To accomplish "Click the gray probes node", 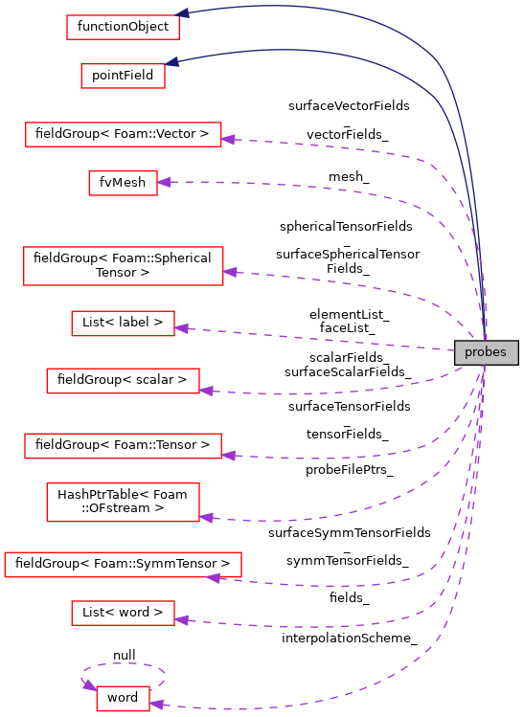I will click(486, 352).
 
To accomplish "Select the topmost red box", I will click(123, 28).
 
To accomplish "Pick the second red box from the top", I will click(123, 76).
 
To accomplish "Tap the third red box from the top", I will click(123, 135).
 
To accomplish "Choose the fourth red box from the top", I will click(123, 183).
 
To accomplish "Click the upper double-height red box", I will click(123, 266).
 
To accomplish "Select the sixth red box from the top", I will click(123, 324).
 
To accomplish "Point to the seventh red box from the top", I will click(123, 381).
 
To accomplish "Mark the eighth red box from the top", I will click(123, 446).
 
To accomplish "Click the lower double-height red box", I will click(123, 502).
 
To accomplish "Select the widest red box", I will click(123, 565).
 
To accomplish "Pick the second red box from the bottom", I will click(123, 614).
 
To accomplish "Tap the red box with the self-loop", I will click(123, 699).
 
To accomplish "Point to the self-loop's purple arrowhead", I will click(90, 685).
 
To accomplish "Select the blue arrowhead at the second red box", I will click(172, 62).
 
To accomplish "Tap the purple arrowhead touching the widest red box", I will click(214, 577).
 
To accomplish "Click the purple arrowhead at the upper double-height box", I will click(230, 272).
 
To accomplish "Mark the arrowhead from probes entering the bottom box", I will click(156, 705).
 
